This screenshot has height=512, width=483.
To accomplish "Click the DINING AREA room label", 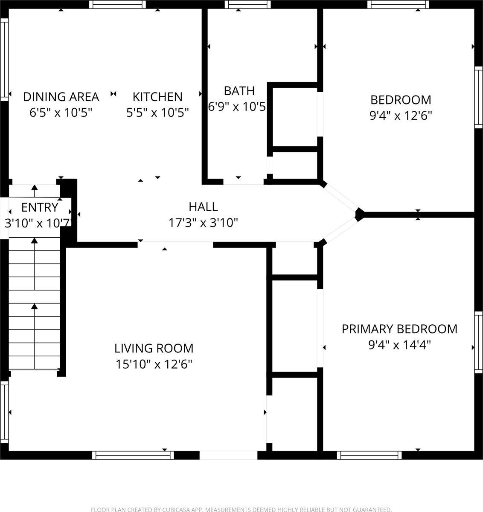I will (x=61, y=97).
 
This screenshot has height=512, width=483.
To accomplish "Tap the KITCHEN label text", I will (x=157, y=97).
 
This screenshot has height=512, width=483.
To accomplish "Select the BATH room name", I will (x=239, y=91).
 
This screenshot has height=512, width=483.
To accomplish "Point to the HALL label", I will (x=203, y=207).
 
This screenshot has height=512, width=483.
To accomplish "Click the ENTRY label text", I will (x=40, y=208).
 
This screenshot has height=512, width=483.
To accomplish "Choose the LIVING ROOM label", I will (x=154, y=349).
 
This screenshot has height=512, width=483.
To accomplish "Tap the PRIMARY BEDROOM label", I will (x=399, y=329).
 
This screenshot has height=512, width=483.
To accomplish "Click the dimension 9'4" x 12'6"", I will (x=401, y=116).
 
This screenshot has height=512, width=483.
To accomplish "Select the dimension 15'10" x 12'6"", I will (x=154, y=364).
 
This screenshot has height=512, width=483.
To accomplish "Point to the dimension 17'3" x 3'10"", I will (x=203, y=223).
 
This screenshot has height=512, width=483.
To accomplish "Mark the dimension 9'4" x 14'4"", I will (x=399, y=345).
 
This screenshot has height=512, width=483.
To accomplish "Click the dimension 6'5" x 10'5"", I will (x=61, y=113).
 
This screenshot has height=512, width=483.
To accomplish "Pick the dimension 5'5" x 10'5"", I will (x=157, y=113).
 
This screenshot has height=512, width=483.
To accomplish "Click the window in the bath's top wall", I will (x=247, y=5).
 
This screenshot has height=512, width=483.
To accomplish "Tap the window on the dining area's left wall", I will (x=4, y=60).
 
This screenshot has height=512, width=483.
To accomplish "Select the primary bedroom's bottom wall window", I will (x=369, y=455).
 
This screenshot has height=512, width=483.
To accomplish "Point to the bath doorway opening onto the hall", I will (x=243, y=182).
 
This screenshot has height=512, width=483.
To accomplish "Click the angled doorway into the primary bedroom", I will (x=340, y=229).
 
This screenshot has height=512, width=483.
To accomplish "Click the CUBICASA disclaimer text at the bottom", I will (x=241, y=509).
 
